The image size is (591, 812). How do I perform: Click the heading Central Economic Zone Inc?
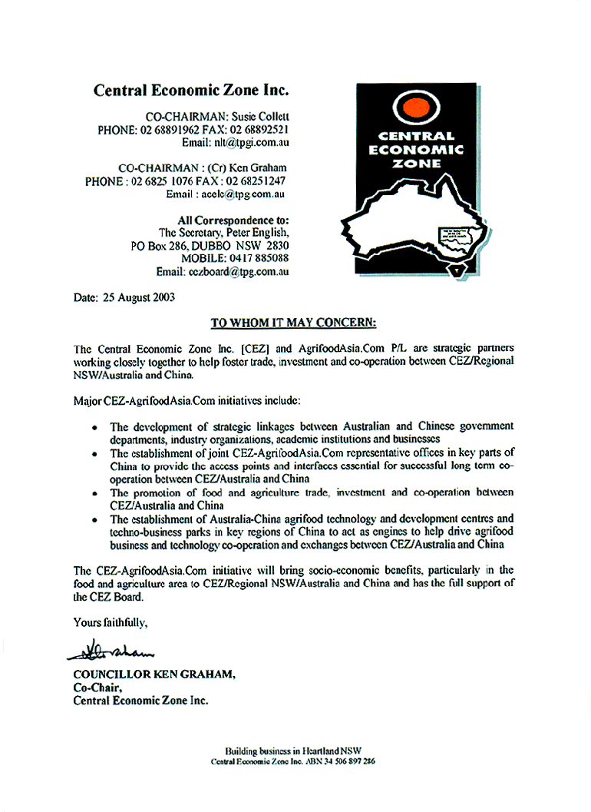tap(191, 90)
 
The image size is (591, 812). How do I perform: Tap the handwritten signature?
tap(112, 650)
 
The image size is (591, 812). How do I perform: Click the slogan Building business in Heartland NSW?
tap(293, 751)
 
